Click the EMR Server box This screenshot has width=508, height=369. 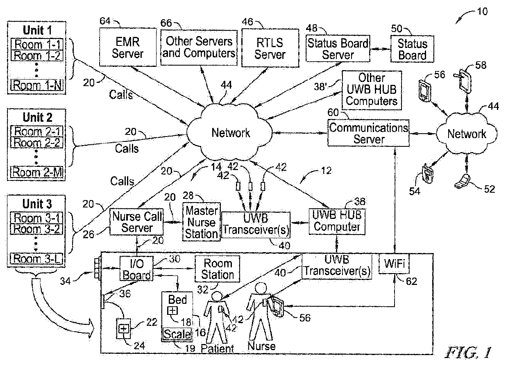coord(128,48)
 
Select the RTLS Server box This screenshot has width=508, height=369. coord(270,48)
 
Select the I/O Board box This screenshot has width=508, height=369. coord(136,269)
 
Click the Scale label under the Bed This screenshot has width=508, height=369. coord(177,334)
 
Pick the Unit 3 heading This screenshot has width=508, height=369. coord(37,203)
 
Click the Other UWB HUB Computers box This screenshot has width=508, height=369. coord(372,89)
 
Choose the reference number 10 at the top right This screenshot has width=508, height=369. coord(483,11)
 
